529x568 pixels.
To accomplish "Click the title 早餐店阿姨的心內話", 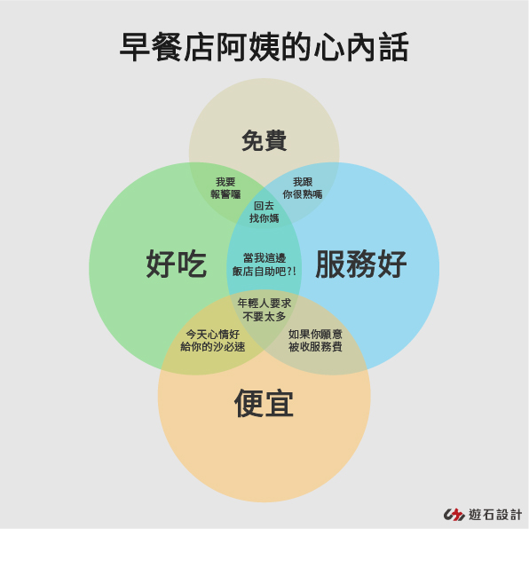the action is coord(264,47).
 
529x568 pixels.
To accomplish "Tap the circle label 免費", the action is coord(264,140).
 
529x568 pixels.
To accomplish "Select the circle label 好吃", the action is coord(177,264).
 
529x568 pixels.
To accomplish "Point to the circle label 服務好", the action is coord(361,264).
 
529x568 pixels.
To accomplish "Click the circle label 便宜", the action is coord(264,404).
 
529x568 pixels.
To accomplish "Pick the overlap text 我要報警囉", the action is coord(225,188).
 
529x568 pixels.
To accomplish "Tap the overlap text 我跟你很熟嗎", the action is coord(303,188).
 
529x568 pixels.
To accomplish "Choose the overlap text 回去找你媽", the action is coord(264,212).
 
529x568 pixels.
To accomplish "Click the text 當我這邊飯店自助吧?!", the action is coord(264,264).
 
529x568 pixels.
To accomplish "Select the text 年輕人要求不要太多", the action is coord(264,310).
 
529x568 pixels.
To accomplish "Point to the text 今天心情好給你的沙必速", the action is coord(213,341).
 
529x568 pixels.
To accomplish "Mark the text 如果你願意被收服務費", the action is coord(315,341).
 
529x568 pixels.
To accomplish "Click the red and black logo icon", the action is coord(454,515).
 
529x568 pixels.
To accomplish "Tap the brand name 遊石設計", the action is coord(495,515).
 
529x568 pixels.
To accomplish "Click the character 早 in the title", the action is coord(135,47).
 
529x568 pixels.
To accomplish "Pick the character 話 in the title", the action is coord(394,47).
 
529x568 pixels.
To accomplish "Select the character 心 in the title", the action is coord(329,47).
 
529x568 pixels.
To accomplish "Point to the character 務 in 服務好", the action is coord(361,264).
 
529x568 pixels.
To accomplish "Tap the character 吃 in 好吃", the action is coord(192,264).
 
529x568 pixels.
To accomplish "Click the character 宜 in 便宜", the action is coord(279,404).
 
